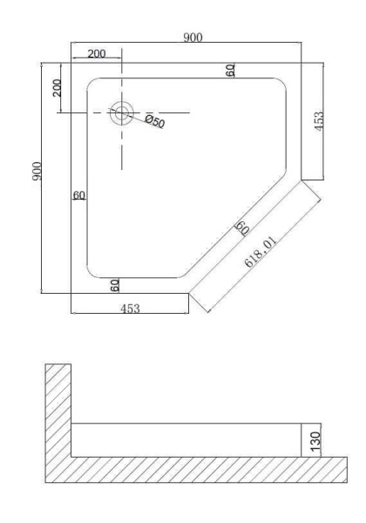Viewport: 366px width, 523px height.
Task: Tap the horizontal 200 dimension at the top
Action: [97, 53]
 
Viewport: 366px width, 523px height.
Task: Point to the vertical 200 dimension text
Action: [57, 87]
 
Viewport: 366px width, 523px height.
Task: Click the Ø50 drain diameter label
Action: [154, 121]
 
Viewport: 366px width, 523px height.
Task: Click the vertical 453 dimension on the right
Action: [319, 121]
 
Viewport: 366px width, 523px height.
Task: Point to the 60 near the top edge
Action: [230, 71]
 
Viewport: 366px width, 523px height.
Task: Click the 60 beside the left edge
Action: [78, 195]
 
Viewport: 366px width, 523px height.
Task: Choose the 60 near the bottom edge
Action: [115, 284]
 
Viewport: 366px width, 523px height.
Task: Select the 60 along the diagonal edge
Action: [241, 229]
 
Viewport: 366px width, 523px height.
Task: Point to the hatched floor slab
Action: [200, 470]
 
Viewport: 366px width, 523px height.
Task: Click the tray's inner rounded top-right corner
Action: [280, 90]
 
